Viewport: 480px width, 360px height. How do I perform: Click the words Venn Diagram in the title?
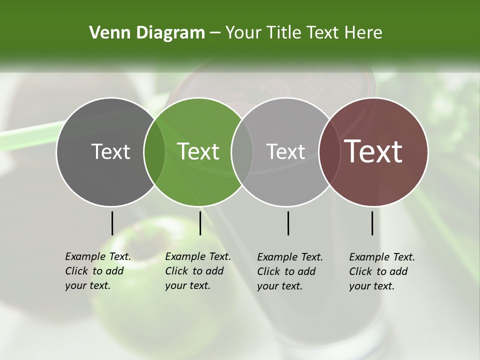(x=146, y=33)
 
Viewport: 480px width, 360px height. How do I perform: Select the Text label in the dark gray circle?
(x=110, y=151)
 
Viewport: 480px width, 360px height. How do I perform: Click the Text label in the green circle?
(x=198, y=151)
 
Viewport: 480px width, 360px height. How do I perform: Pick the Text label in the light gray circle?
(x=285, y=151)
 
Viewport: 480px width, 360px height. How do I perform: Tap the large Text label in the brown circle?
(x=373, y=151)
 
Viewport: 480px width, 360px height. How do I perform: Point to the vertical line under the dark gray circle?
(x=112, y=223)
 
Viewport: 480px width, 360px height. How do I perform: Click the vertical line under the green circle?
(x=200, y=223)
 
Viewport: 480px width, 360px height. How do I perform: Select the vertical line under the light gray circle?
(x=288, y=223)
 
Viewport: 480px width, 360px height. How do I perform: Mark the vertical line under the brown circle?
(x=372, y=223)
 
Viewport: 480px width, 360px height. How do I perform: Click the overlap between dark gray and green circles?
(x=154, y=151)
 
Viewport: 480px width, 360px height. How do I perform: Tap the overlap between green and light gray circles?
(x=242, y=151)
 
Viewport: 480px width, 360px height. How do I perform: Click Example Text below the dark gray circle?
(x=98, y=256)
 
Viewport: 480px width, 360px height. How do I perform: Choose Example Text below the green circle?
(x=198, y=256)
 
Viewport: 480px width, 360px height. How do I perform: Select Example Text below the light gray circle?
(x=290, y=257)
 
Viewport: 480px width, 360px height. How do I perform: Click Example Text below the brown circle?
(x=382, y=257)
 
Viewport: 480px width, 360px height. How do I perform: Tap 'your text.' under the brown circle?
(x=371, y=286)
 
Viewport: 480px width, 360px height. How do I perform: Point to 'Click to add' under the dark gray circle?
(x=94, y=271)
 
